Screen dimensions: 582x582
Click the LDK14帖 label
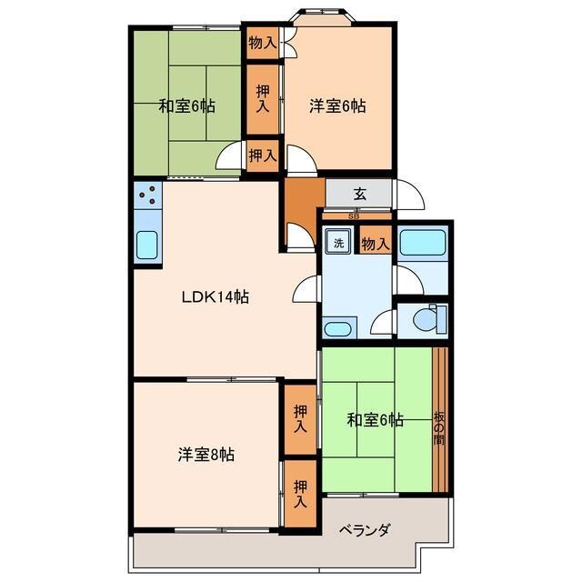216,296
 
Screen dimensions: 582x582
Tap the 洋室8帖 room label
206,455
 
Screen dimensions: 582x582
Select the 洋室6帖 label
337,106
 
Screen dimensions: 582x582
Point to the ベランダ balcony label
366,530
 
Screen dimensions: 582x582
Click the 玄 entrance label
360,193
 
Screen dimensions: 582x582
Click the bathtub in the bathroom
422,244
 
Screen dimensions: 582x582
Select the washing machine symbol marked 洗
337,243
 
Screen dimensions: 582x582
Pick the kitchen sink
147,246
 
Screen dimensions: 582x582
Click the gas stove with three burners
147,194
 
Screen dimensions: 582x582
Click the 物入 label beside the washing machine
375,244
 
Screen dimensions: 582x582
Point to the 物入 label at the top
263,42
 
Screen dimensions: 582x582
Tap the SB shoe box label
354,216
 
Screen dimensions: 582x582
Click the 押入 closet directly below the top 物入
263,98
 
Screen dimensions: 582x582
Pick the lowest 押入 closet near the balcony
301,495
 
